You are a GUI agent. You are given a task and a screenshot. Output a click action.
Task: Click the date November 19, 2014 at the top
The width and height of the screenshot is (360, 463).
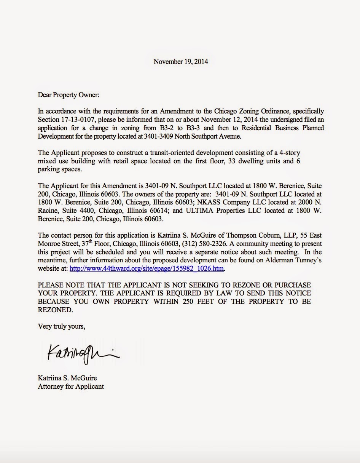pyautogui.click(x=181, y=61)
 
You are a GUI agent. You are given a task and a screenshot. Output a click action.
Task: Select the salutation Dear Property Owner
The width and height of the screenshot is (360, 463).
pyautogui.click(x=68, y=95)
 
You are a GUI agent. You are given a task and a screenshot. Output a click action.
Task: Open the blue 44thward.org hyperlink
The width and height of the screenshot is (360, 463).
pyautogui.click(x=147, y=268)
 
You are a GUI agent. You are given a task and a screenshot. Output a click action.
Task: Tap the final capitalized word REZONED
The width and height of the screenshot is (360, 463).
pyautogui.click(x=55, y=310)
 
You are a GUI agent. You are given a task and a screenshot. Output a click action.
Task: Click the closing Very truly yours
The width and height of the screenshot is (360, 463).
pyautogui.click(x=62, y=326)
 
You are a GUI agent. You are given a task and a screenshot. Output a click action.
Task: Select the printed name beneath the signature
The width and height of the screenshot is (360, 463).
pyautogui.click(x=67, y=378)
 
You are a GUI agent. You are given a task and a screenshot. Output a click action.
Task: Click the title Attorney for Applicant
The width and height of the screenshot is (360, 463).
pyautogui.click(x=71, y=386)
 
